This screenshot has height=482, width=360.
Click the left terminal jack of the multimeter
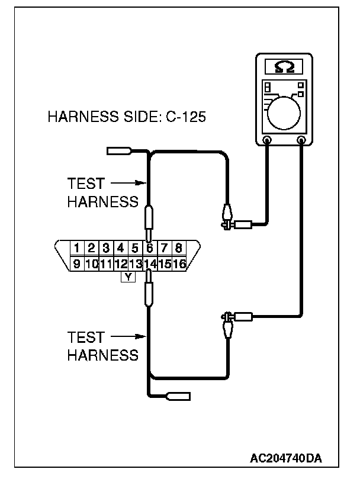[x=267, y=140]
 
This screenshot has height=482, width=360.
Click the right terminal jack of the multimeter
[x=302, y=140]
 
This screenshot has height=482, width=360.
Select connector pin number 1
[x=77, y=248]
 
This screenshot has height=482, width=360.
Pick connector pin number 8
[x=178, y=248]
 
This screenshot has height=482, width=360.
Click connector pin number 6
[x=150, y=248]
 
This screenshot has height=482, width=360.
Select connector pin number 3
[x=106, y=248]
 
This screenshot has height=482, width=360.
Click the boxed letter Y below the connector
[x=128, y=276]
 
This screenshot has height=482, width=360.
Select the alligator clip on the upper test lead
[x=226, y=216]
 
